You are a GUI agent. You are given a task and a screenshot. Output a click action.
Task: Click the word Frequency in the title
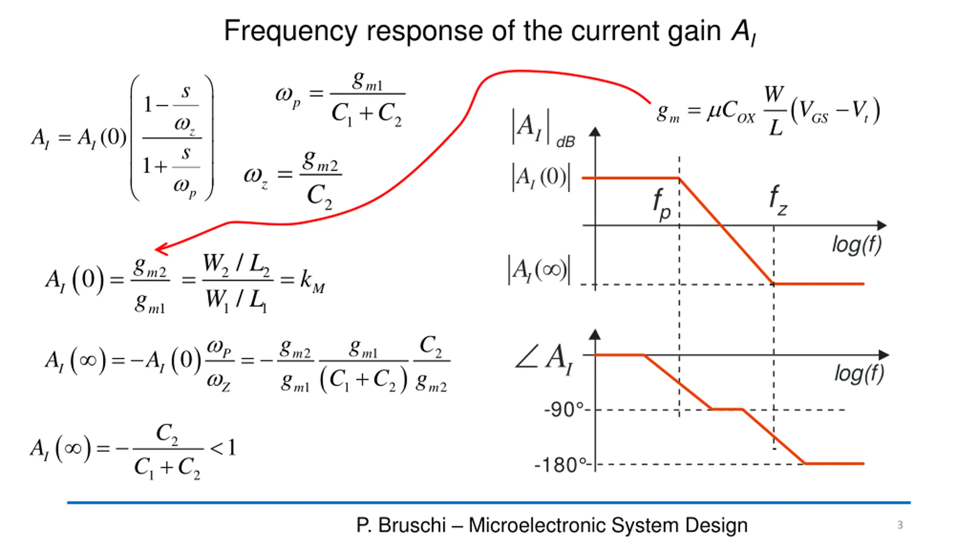click(290, 31)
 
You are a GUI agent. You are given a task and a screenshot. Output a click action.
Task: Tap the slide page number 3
click(900, 525)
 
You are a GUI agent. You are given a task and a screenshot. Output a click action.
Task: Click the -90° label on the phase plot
click(564, 410)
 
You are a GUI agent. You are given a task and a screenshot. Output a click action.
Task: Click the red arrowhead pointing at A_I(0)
click(160, 249)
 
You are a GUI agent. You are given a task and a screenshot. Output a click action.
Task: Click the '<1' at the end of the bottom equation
click(224, 448)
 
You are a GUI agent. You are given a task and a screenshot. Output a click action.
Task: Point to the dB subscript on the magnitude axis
click(565, 142)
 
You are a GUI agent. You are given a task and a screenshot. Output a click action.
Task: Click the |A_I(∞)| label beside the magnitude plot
click(539, 270)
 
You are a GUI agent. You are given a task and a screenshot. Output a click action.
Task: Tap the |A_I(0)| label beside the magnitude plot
click(541, 177)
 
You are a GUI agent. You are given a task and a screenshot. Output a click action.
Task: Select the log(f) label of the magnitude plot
click(857, 244)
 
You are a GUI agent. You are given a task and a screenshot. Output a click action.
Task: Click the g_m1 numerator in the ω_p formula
click(367, 81)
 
